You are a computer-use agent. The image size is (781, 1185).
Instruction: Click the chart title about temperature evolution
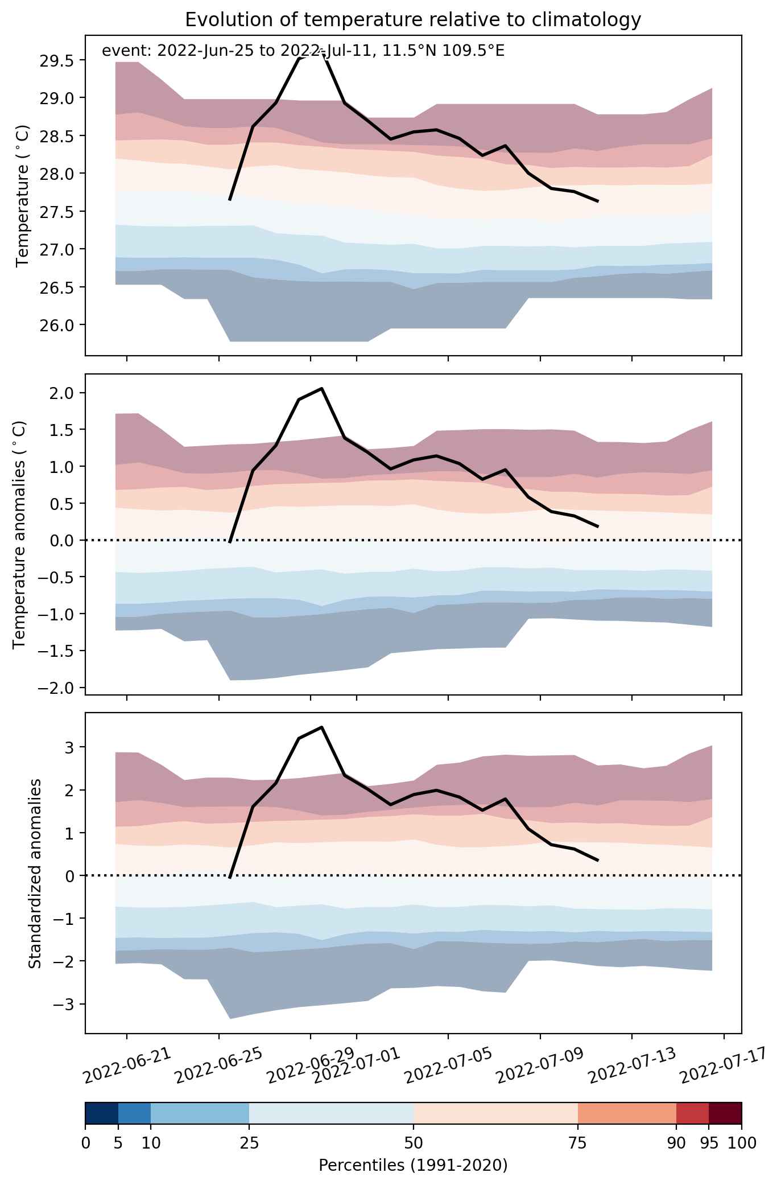[413, 20]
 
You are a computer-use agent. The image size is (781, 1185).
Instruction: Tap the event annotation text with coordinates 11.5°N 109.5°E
[303, 51]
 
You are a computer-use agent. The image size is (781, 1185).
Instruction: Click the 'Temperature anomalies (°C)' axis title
[20, 534]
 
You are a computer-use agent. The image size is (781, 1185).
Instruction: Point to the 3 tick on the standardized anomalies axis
[70, 747]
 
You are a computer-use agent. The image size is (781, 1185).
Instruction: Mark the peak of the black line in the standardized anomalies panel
[322, 727]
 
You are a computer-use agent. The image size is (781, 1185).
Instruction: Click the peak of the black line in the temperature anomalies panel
[322, 388]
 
